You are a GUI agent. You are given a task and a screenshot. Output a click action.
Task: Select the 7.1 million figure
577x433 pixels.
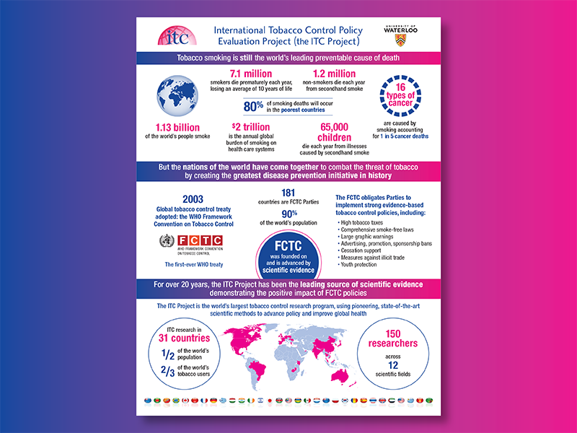click(x=251, y=74)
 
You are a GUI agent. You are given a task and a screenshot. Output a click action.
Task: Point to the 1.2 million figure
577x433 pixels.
click(x=333, y=74)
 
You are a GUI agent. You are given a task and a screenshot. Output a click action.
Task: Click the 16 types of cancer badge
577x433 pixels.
click(x=402, y=97)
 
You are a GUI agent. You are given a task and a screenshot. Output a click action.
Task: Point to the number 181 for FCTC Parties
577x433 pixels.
click(x=287, y=193)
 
